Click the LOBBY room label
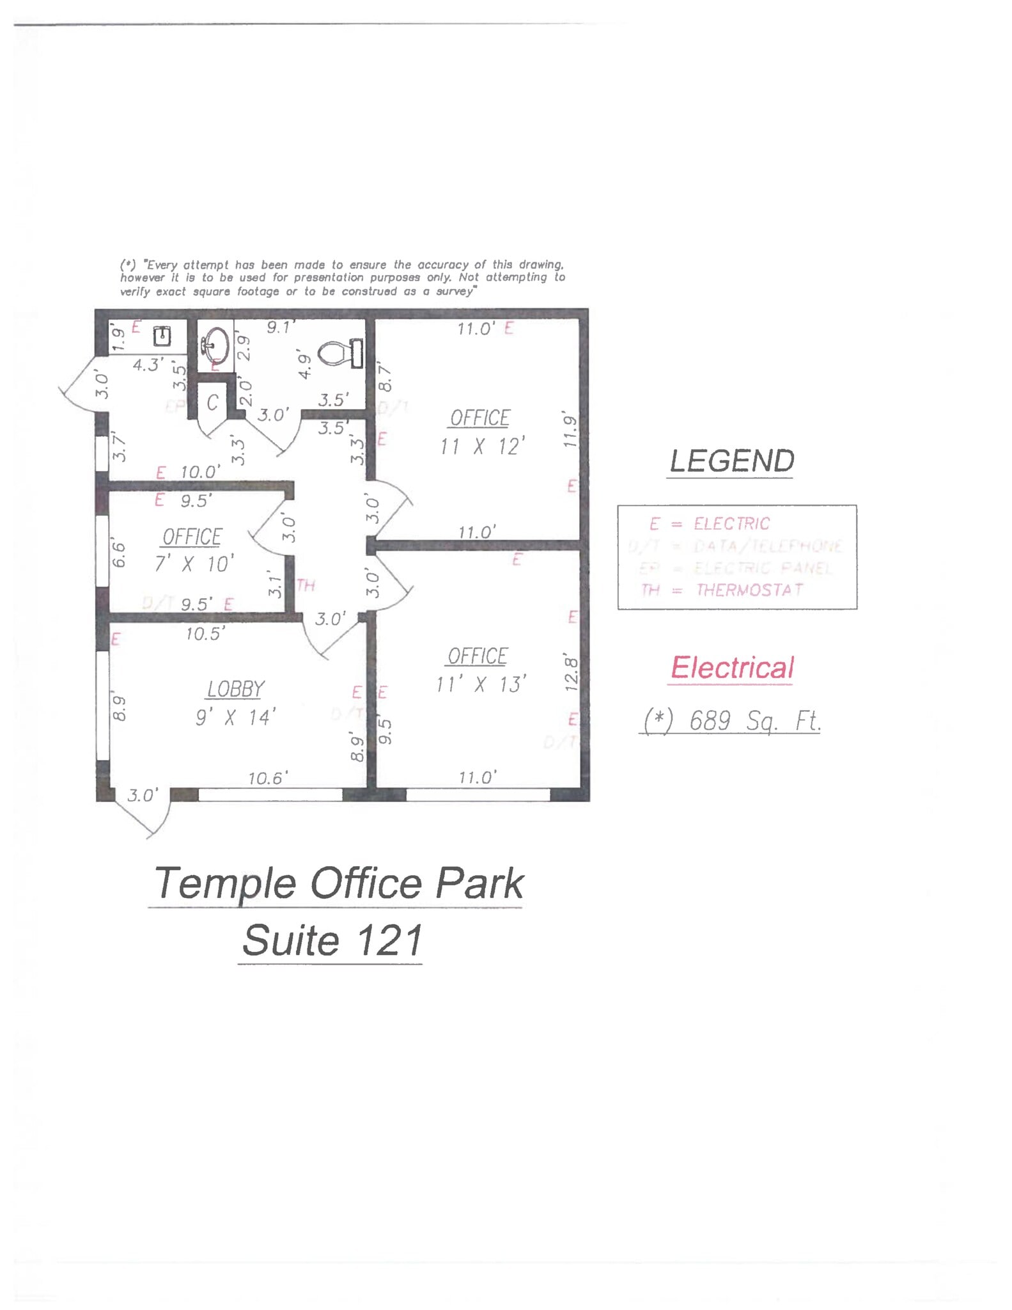[x=235, y=689]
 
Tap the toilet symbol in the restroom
[x=337, y=352]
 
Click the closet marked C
[x=212, y=403]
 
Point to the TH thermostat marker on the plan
[x=306, y=585]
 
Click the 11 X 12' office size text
[x=483, y=446]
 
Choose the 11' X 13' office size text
[x=481, y=684]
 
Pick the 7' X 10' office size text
[x=194, y=564]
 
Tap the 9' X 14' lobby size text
[x=235, y=717]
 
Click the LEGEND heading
[x=731, y=461]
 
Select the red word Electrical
[x=732, y=668]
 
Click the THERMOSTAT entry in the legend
[x=749, y=590]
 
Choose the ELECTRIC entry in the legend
[x=731, y=524]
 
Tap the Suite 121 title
[x=332, y=940]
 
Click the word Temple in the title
[x=225, y=883]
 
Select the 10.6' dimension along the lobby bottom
[x=268, y=778]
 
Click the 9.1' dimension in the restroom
[x=280, y=327]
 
